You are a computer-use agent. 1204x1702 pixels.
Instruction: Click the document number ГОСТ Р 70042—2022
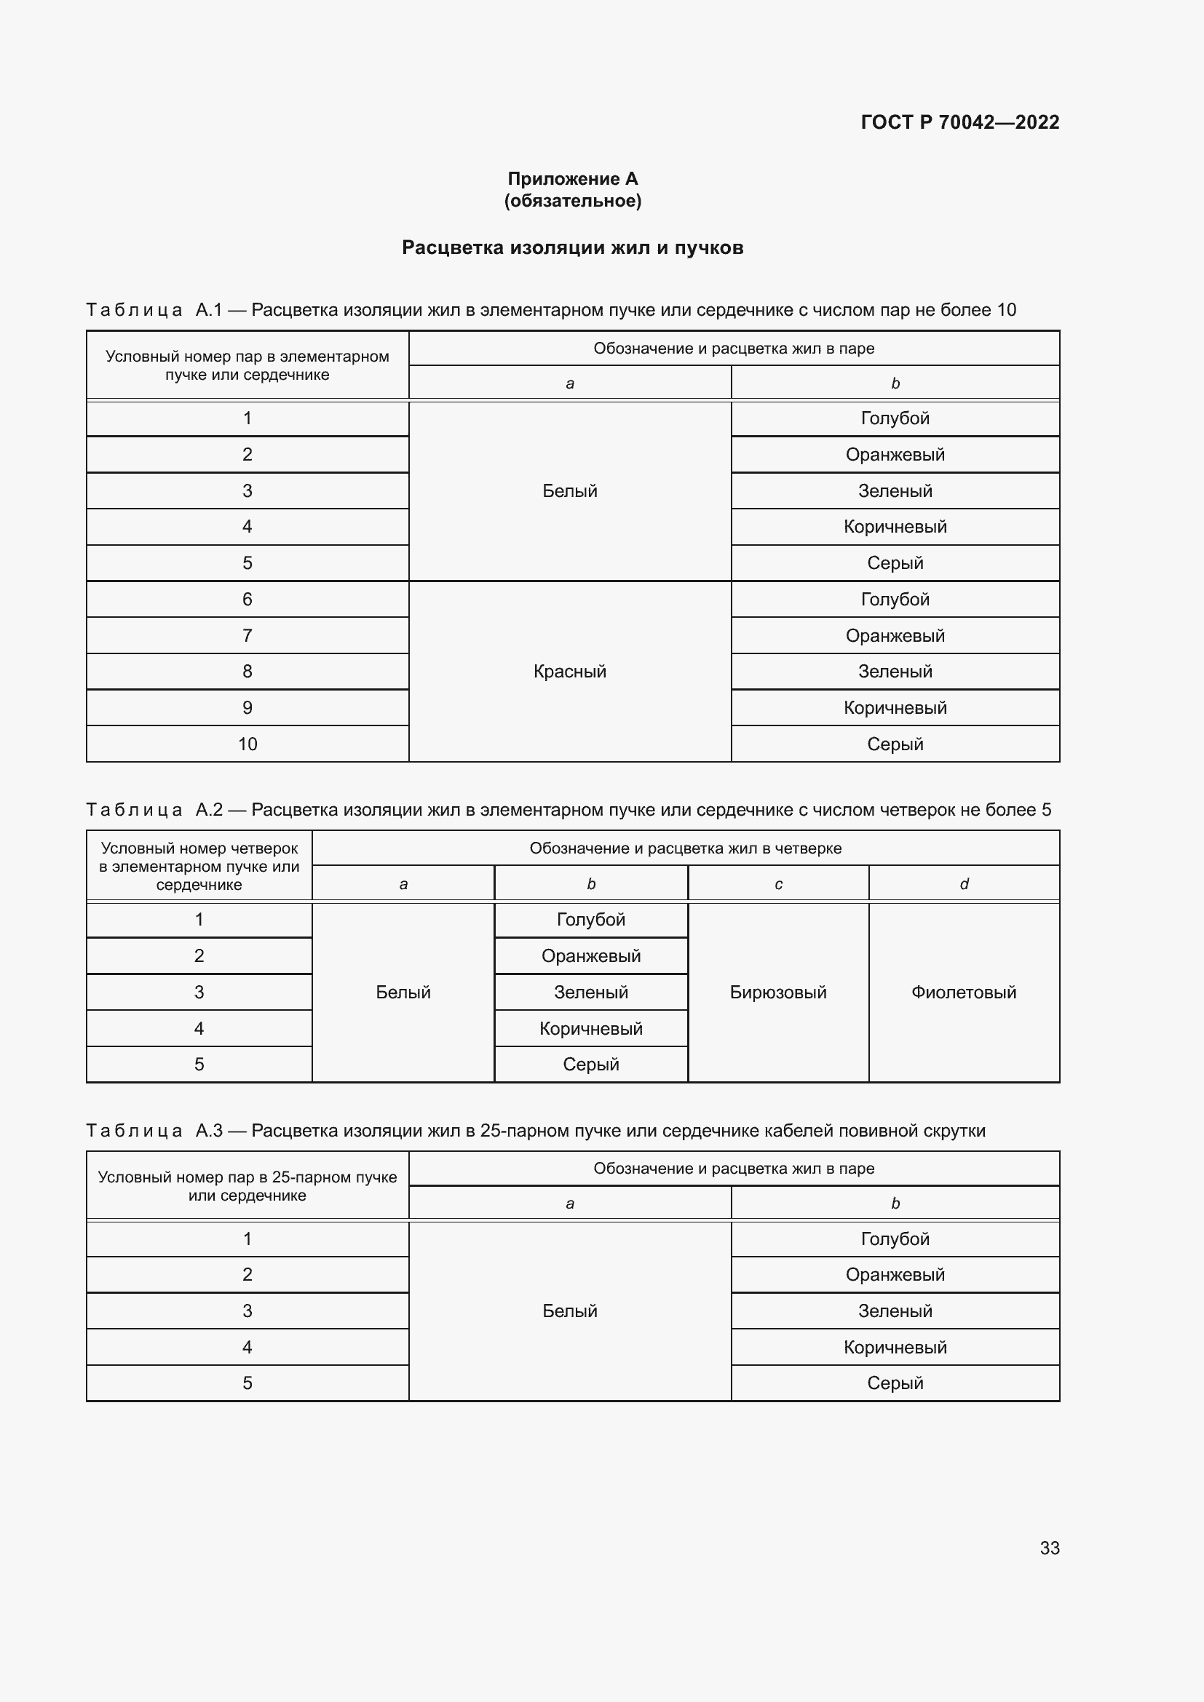tap(959, 122)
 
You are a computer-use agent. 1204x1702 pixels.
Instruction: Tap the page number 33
tap(1049, 1548)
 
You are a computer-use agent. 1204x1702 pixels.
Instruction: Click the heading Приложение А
tap(572, 179)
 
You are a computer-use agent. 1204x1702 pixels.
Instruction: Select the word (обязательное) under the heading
tap(572, 201)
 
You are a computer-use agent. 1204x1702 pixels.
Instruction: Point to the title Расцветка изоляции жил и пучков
tap(572, 247)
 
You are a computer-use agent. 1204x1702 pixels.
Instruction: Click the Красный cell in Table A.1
tap(569, 672)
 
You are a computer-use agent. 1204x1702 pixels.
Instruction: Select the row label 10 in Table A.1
tap(247, 744)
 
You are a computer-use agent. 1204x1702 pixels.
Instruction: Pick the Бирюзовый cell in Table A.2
tap(777, 993)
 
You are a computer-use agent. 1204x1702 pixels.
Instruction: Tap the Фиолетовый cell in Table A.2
tap(963, 993)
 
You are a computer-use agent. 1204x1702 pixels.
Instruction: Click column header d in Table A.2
tap(964, 883)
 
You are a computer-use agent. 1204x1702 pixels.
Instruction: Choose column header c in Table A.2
tap(778, 883)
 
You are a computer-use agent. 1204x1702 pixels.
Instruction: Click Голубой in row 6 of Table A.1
tap(895, 600)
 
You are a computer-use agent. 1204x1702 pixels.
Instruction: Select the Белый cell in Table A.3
tap(569, 1311)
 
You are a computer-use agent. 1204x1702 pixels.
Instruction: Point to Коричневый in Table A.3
tap(895, 1347)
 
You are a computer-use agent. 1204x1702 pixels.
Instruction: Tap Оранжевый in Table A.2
tap(591, 956)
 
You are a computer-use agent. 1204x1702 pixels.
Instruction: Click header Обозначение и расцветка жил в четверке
tap(685, 848)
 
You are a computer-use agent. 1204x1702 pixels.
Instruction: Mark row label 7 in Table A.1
tap(247, 635)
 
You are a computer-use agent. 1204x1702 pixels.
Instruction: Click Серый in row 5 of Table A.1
tap(895, 563)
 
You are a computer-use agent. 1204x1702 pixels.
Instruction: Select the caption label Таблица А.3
tap(154, 1131)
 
